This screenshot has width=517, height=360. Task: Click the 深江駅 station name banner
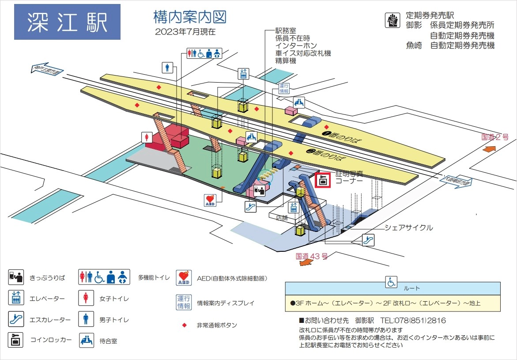click(67, 22)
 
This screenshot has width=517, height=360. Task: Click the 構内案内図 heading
click(190, 17)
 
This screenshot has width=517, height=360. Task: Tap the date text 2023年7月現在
click(185, 32)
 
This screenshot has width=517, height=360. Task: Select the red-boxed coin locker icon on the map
click(323, 180)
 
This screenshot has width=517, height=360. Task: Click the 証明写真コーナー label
click(349, 178)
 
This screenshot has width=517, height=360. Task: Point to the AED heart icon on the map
click(210, 200)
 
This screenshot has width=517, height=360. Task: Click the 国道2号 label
click(494, 137)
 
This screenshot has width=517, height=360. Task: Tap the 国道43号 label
click(312, 256)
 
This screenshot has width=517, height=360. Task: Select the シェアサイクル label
click(409, 228)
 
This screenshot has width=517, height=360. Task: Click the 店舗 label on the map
click(281, 217)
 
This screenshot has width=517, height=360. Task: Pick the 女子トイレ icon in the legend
click(85, 298)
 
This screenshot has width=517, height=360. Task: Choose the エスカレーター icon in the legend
click(15, 319)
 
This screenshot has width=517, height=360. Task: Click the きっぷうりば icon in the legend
click(15, 277)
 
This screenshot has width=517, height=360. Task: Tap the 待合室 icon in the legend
click(87, 341)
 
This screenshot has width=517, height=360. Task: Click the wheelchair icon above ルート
click(391, 281)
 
